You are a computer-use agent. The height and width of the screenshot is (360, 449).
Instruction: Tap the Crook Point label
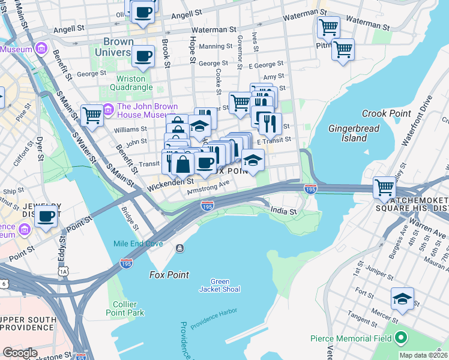click(387, 113)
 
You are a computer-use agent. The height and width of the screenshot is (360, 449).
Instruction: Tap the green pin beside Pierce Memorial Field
click(401, 338)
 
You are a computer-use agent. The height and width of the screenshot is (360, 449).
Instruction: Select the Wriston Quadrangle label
click(131, 83)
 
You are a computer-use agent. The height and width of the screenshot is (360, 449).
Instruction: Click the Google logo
click(20, 352)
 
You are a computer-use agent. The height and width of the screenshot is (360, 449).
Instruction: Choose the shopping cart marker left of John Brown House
click(92, 114)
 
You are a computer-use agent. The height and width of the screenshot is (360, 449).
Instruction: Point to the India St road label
click(284, 211)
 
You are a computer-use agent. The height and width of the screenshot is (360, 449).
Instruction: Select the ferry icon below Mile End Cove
click(179, 248)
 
